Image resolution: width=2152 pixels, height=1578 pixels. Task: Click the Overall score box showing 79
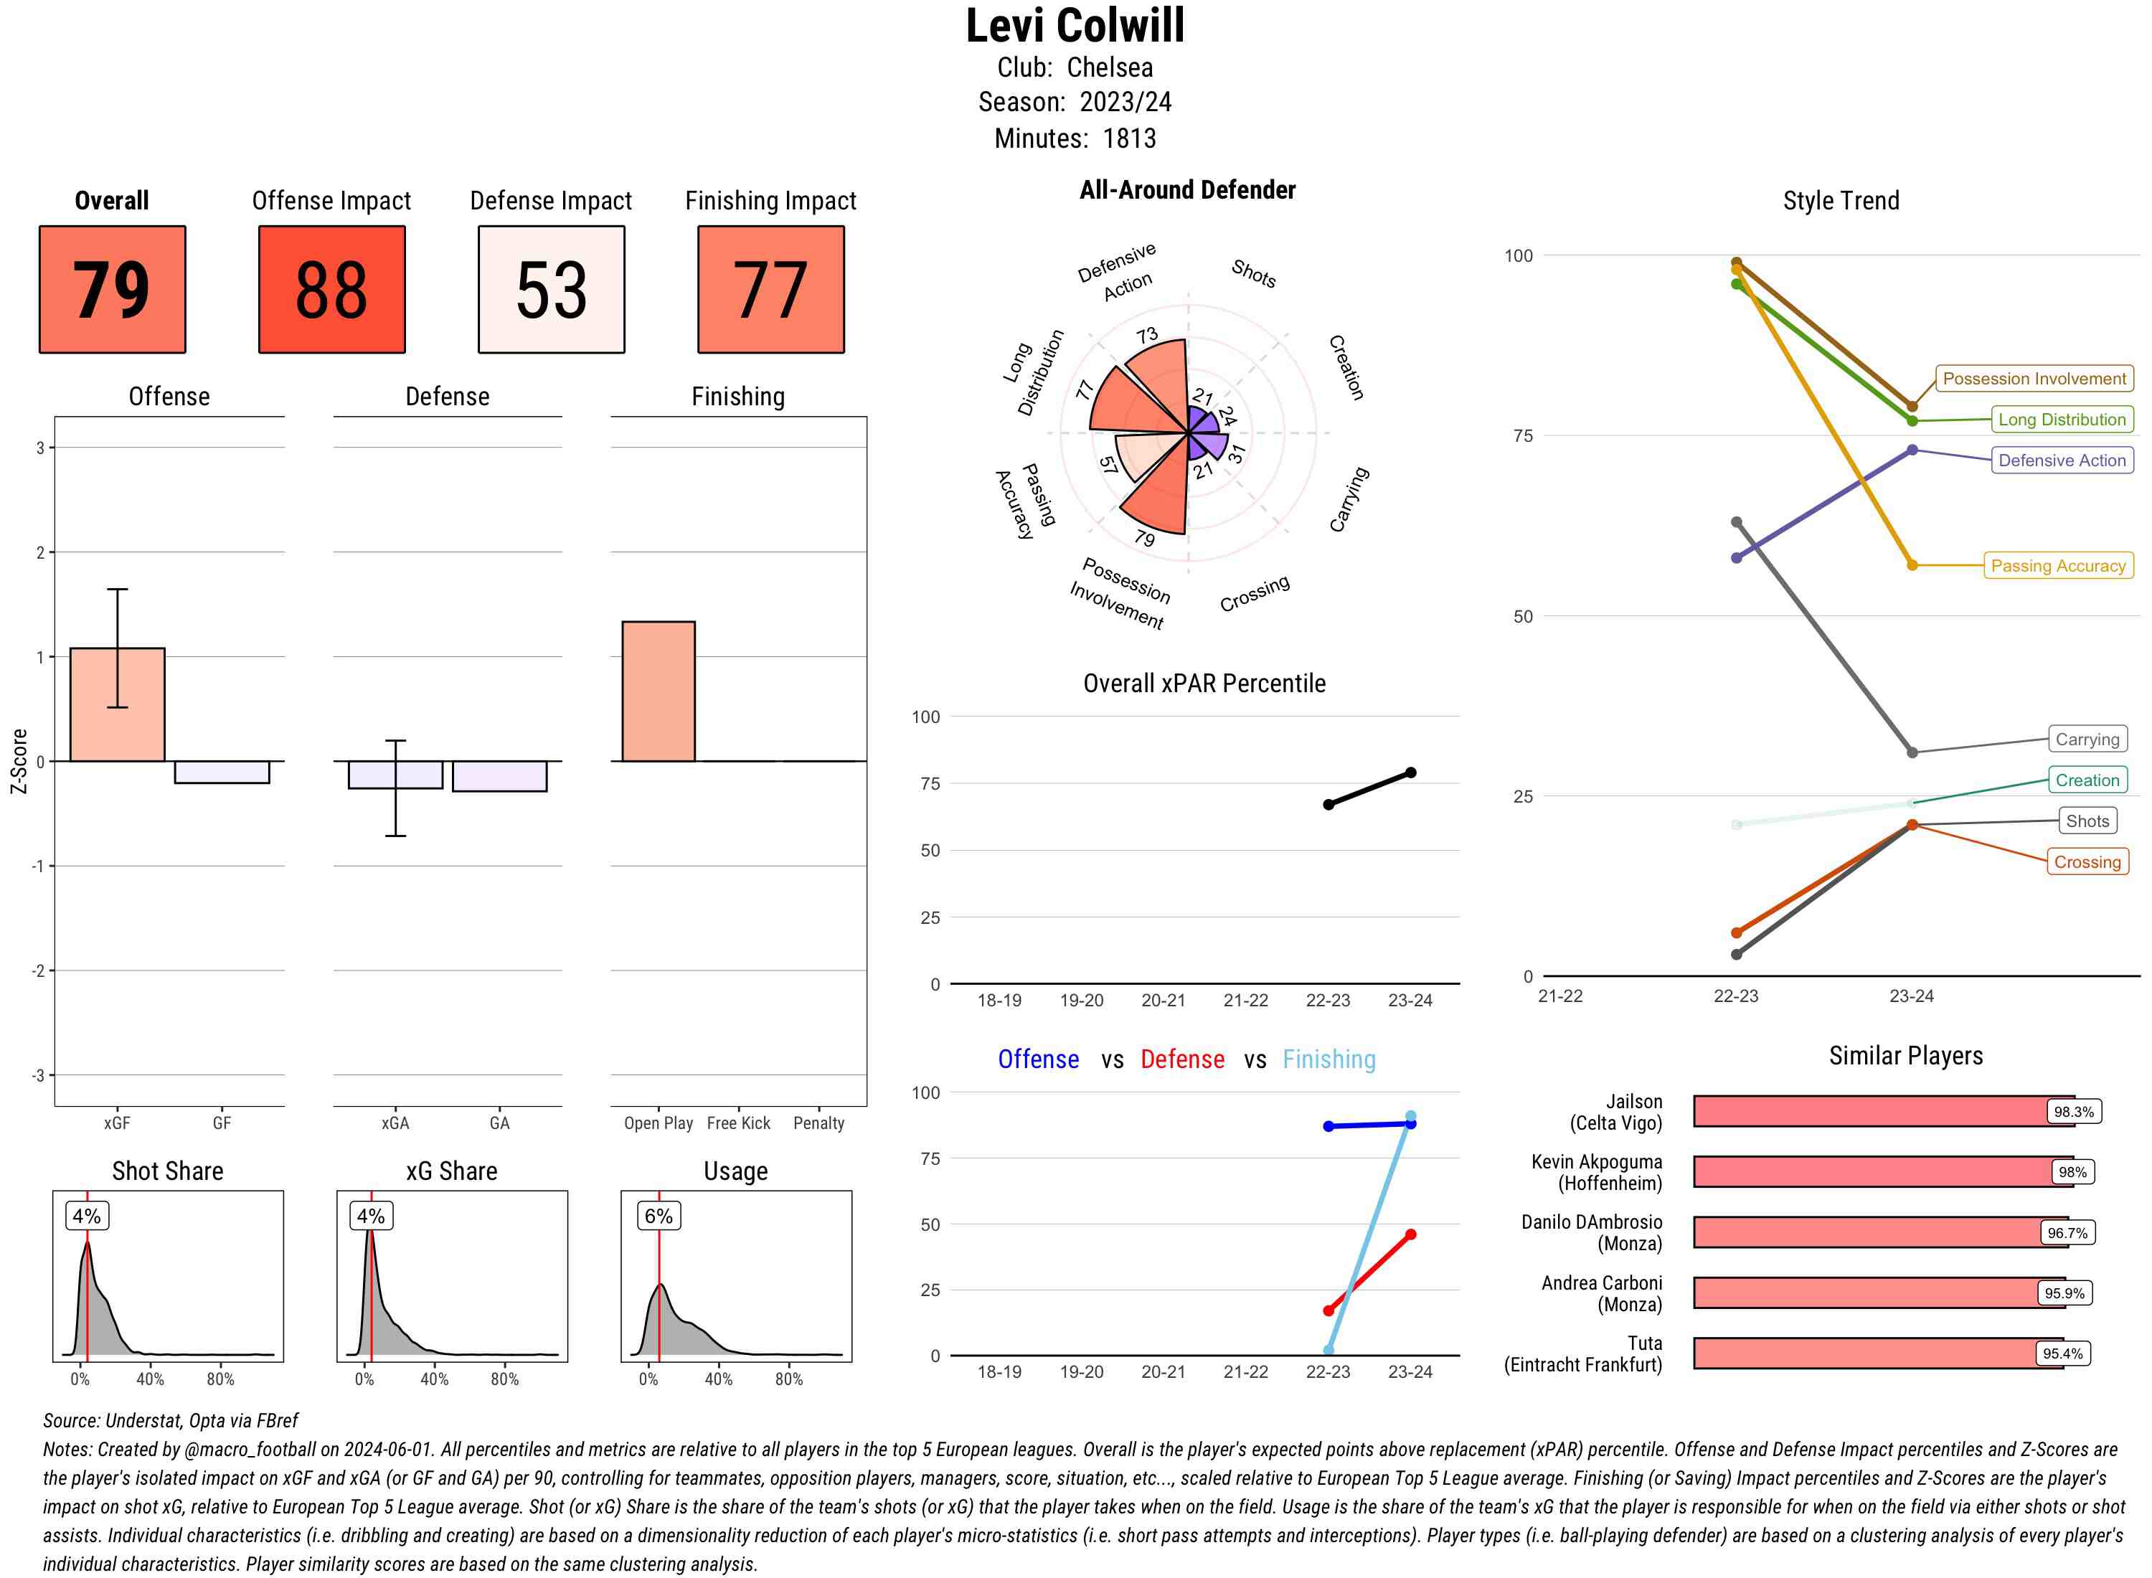click(x=112, y=290)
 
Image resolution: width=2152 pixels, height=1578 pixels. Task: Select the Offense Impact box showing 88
click(x=331, y=290)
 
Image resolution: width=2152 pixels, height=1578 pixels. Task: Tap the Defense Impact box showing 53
click(x=551, y=290)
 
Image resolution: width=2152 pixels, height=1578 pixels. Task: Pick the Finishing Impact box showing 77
click(x=771, y=290)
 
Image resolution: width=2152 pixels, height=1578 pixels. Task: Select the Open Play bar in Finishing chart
click(x=658, y=691)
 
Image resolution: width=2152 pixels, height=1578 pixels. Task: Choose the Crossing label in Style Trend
click(x=2087, y=861)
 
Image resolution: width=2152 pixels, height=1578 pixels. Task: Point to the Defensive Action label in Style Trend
click(x=2062, y=460)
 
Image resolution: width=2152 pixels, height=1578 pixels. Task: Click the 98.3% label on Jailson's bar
click(x=2074, y=1112)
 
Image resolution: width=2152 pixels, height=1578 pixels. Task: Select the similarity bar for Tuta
click(x=1878, y=1353)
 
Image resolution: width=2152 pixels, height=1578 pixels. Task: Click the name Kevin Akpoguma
click(x=1596, y=1161)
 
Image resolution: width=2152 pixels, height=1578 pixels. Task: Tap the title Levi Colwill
click(x=1075, y=26)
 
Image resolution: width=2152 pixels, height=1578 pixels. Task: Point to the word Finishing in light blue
click(x=1329, y=1059)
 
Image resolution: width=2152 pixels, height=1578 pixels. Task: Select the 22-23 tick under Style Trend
click(x=1735, y=996)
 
